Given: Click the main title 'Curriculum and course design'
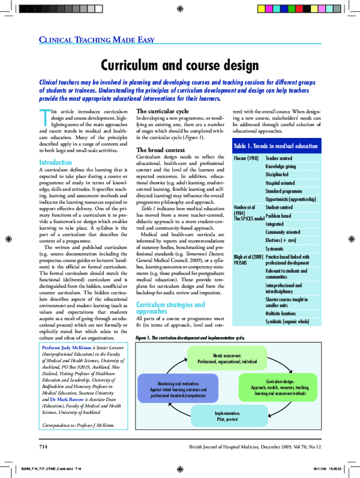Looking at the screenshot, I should (179, 64).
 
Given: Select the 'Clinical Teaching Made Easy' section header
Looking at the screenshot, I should (97, 40).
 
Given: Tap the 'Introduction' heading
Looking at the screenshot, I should (55, 163).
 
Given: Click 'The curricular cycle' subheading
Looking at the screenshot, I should (163, 112).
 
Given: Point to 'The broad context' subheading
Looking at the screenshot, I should (160, 149).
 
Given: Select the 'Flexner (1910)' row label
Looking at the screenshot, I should (245, 157).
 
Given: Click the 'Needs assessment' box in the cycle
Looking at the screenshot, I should (227, 359).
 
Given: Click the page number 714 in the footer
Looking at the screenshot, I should (43, 447).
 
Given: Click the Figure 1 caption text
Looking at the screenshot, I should (191, 338).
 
